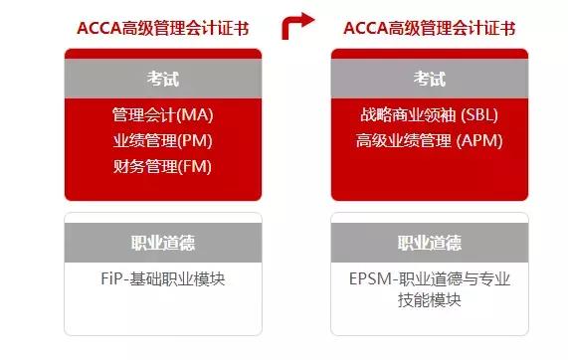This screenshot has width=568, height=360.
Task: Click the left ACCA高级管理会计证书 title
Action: tap(162, 27)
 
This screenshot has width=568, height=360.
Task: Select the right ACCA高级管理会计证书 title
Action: tap(430, 27)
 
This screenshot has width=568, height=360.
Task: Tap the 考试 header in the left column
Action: tap(162, 79)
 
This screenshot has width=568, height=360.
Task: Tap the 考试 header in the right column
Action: tap(430, 79)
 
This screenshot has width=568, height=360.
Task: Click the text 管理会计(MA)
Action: tap(162, 115)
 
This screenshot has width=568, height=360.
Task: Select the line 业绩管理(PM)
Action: tap(162, 141)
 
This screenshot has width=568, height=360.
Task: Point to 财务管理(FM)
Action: tap(162, 167)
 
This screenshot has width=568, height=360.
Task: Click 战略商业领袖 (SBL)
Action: tap(430, 115)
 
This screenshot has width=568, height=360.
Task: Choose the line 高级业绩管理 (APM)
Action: tap(430, 141)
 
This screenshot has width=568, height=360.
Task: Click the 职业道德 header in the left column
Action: tap(162, 244)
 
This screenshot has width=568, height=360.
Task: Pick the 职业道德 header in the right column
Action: tap(430, 244)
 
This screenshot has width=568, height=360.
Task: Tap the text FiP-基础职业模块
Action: tap(163, 278)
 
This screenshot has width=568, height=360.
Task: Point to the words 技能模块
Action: tap(430, 300)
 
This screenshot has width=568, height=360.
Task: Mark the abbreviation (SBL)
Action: tap(477, 115)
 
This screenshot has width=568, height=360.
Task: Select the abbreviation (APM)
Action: tap(481, 141)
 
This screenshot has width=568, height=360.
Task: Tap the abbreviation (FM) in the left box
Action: tap(196, 167)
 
